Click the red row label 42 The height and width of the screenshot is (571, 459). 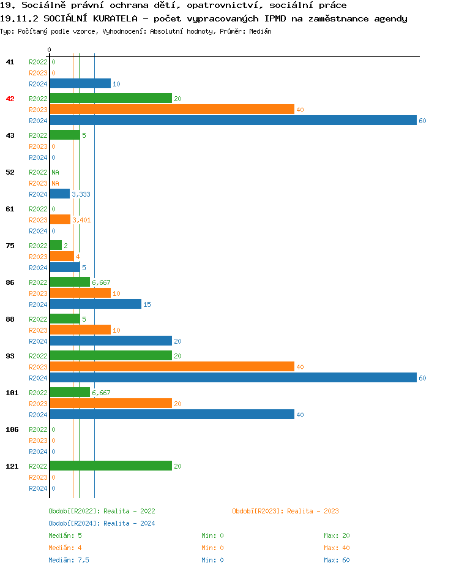10,99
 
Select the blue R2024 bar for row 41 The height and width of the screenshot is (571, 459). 80,84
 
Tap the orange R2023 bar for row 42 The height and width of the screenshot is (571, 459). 172,110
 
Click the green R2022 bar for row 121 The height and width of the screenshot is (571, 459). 111,466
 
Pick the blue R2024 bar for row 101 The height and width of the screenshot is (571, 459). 172,415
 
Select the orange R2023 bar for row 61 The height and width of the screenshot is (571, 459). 60,220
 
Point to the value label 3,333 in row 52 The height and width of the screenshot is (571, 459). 81,194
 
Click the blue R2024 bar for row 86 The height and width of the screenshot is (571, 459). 95,304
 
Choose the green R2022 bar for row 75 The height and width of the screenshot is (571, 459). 56,246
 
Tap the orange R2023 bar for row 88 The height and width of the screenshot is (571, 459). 80,330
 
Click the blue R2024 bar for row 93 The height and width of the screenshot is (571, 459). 233,378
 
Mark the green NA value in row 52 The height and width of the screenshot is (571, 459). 55,172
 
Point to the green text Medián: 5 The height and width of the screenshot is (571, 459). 65,535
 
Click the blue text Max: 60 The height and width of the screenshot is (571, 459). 337,560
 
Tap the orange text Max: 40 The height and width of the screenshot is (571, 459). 337,548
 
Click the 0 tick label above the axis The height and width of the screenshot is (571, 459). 50,50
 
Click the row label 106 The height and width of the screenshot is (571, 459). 12,429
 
